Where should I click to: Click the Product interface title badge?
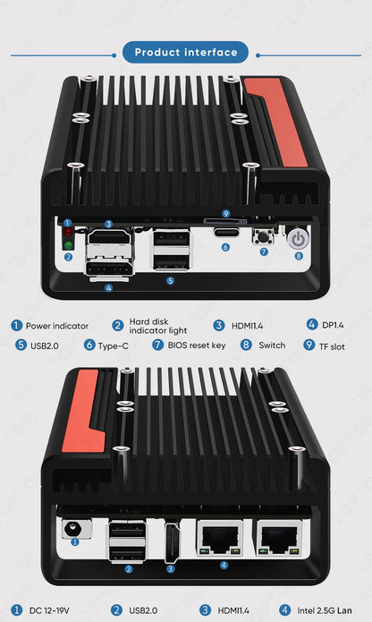click(x=186, y=52)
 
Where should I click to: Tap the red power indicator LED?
click(x=68, y=232)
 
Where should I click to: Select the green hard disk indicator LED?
click(x=68, y=243)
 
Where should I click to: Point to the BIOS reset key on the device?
click(x=264, y=237)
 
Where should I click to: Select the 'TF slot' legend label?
click(x=332, y=345)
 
